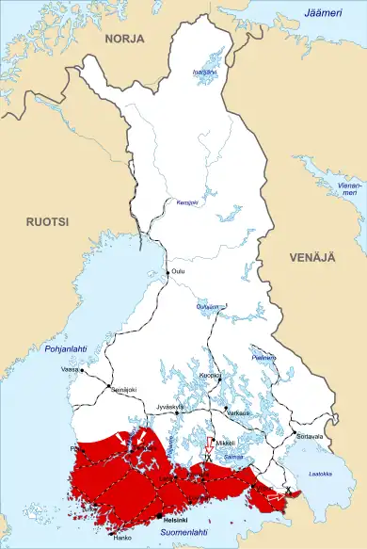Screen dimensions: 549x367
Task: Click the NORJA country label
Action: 123,39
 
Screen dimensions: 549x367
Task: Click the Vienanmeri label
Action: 349,190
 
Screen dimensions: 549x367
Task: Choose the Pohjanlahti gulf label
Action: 66,349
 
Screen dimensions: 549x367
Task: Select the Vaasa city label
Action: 69,370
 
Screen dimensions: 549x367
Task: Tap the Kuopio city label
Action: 210,374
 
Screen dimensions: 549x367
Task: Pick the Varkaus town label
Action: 237,412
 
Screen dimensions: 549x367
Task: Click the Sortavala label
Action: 310,437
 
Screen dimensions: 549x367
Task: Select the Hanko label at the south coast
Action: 122,538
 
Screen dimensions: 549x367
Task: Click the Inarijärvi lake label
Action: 204,72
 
